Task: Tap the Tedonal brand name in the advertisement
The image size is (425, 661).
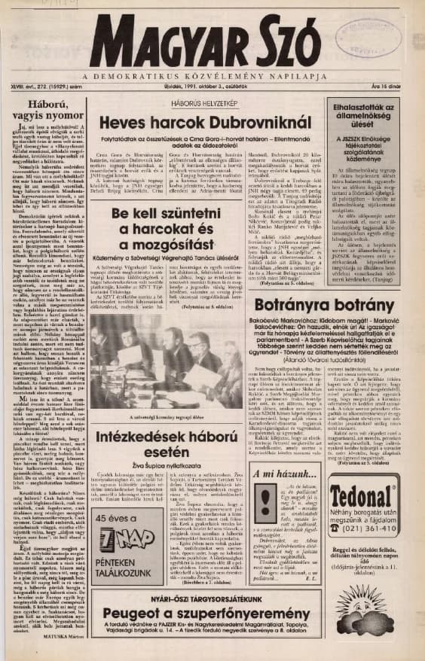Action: click(366, 500)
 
